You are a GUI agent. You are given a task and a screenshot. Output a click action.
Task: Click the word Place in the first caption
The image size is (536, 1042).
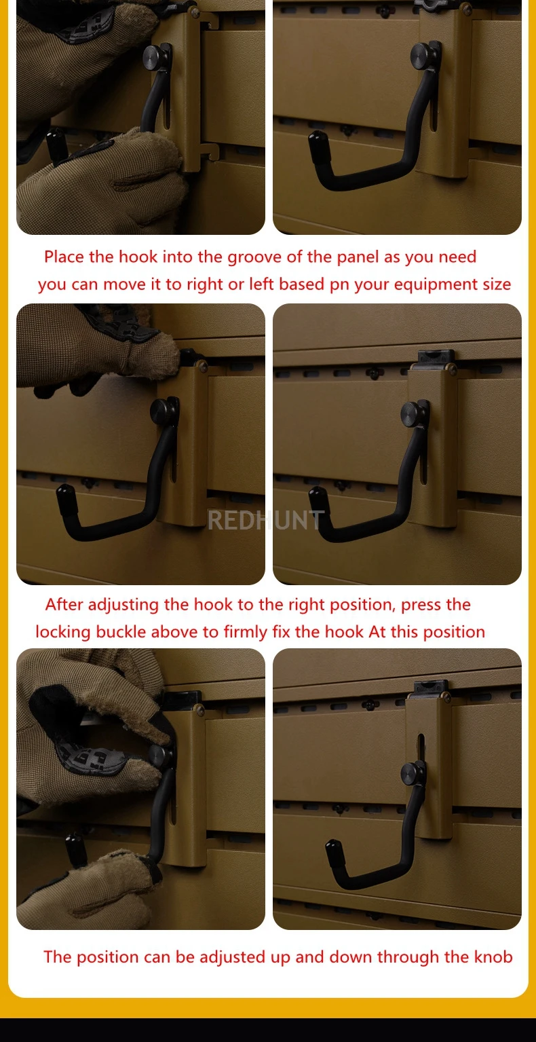pos(64,257)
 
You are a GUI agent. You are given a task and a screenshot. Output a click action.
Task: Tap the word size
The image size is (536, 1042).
pos(497,284)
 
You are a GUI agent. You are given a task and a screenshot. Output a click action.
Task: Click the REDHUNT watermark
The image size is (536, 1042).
pos(266,521)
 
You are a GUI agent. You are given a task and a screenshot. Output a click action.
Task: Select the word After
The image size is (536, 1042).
pos(64,604)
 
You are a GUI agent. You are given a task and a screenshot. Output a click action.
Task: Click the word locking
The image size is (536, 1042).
pos(63,633)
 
